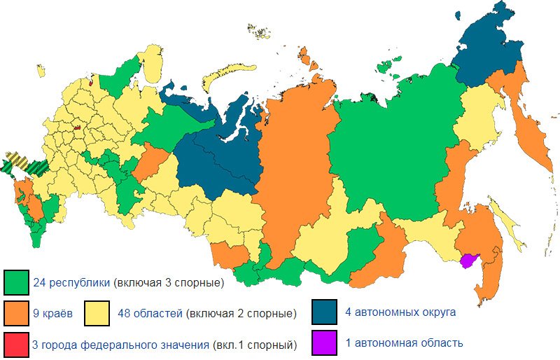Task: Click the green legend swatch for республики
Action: coord(15,283)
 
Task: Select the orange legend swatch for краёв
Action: coord(15,313)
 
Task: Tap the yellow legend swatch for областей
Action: coord(97,313)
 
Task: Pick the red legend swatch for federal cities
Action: coord(15,344)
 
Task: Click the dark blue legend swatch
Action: coord(325,313)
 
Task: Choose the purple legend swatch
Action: coord(325,344)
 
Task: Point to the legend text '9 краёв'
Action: coord(53,313)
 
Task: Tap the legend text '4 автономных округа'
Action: coord(400,312)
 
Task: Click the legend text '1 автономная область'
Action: coord(404,343)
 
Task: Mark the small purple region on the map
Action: coord(468,261)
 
